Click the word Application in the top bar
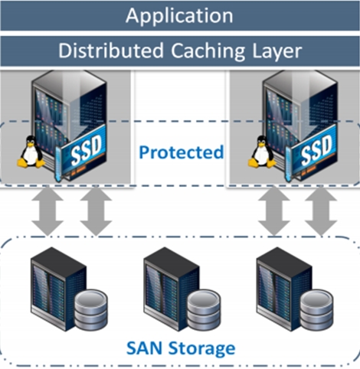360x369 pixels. [x=179, y=15]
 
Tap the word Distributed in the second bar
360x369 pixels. [x=103, y=51]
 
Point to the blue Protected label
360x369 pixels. [x=181, y=152]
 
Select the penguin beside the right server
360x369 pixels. [x=262, y=152]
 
